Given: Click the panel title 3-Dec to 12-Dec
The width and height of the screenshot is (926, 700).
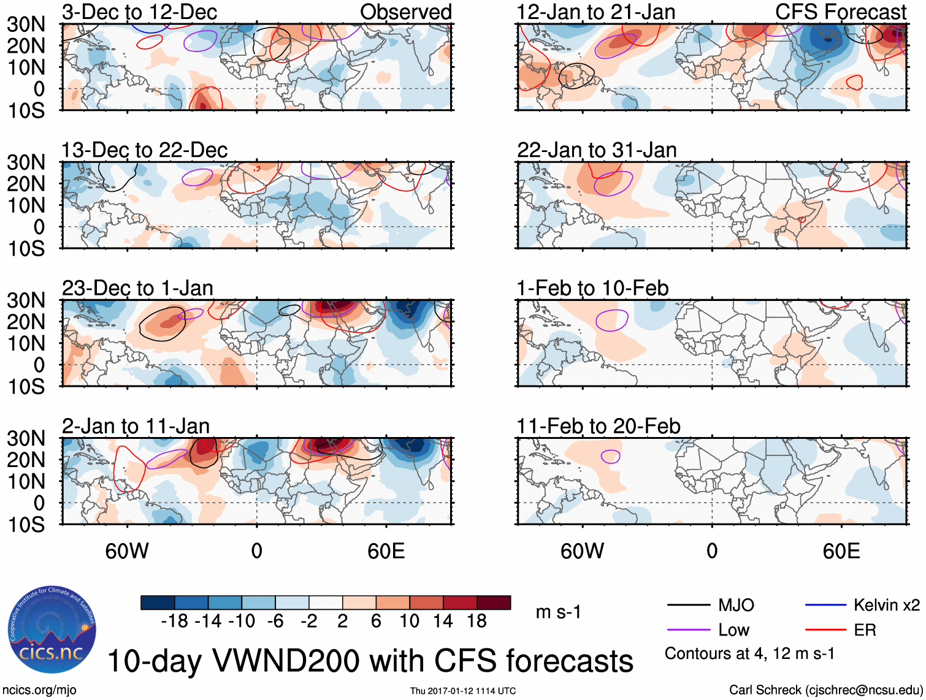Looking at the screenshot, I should tap(139, 12).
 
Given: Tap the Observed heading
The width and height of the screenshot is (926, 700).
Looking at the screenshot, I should tap(405, 12).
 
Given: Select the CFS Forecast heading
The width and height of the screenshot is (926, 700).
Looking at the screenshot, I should tap(840, 12).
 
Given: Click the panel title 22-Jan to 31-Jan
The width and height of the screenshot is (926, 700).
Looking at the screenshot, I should tap(596, 150).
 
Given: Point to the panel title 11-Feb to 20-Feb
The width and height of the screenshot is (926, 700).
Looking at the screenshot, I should tap(598, 426).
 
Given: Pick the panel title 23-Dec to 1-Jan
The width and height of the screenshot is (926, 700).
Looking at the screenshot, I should tap(137, 288).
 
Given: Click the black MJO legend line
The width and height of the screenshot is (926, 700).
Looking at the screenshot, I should tap(688, 606).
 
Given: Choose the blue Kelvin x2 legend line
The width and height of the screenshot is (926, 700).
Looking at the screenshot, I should tap(825, 606).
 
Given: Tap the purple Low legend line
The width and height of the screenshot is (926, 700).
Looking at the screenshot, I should tap(688, 630).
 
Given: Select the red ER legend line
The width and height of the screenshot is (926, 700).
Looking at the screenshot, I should tap(825, 630).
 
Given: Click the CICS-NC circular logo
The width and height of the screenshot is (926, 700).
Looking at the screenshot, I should tap(52, 630).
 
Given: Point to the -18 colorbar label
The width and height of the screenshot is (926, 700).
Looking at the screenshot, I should tap(174, 622).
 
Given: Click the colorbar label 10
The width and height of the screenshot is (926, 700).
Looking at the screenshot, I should tap(409, 622).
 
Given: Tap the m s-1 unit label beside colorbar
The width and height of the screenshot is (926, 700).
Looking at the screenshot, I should tap(558, 612).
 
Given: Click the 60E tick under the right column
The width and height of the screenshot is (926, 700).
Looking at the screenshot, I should tap(841, 551).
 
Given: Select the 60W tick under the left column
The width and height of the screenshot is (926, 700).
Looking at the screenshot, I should tap(127, 551).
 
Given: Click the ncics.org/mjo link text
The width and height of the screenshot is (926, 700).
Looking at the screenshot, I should tap(39, 690).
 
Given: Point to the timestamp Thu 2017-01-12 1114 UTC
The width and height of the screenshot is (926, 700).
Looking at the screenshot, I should tap(463, 691).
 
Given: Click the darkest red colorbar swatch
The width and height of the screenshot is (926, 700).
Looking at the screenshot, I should tap(494, 603).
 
